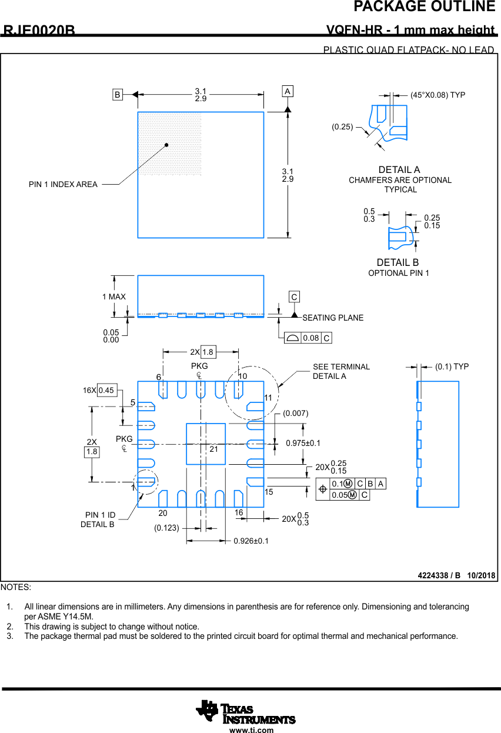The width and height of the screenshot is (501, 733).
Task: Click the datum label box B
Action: (x=118, y=94)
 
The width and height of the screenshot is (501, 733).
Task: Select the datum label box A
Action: (x=288, y=92)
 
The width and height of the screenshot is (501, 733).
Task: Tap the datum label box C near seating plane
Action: (x=294, y=297)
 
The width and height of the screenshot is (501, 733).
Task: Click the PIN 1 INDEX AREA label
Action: (x=63, y=185)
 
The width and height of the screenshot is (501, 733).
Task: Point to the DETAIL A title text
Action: (x=399, y=170)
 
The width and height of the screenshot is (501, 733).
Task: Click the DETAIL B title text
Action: (x=398, y=262)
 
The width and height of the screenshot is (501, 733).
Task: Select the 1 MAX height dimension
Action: (x=114, y=297)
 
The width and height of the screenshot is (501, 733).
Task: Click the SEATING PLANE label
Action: (x=333, y=318)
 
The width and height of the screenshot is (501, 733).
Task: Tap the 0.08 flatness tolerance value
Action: (x=310, y=338)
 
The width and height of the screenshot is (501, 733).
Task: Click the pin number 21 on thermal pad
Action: (x=213, y=449)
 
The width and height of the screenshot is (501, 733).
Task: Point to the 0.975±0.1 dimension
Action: (x=303, y=443)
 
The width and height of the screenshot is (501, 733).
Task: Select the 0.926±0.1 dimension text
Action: (x=251, y=541)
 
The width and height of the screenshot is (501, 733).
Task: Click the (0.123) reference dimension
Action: (x=166, y=528)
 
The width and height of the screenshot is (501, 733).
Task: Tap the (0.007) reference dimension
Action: (x=295, y=414)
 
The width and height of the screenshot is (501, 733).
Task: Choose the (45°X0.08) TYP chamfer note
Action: (x=437, y=95)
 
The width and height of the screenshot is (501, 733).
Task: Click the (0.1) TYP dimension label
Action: (x=452, y=366)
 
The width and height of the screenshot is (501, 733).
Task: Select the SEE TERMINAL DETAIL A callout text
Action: (x=341, y=371)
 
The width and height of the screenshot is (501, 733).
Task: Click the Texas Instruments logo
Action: (x=246, y=712)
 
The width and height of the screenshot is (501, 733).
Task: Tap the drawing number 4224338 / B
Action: (x=439, y=575)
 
